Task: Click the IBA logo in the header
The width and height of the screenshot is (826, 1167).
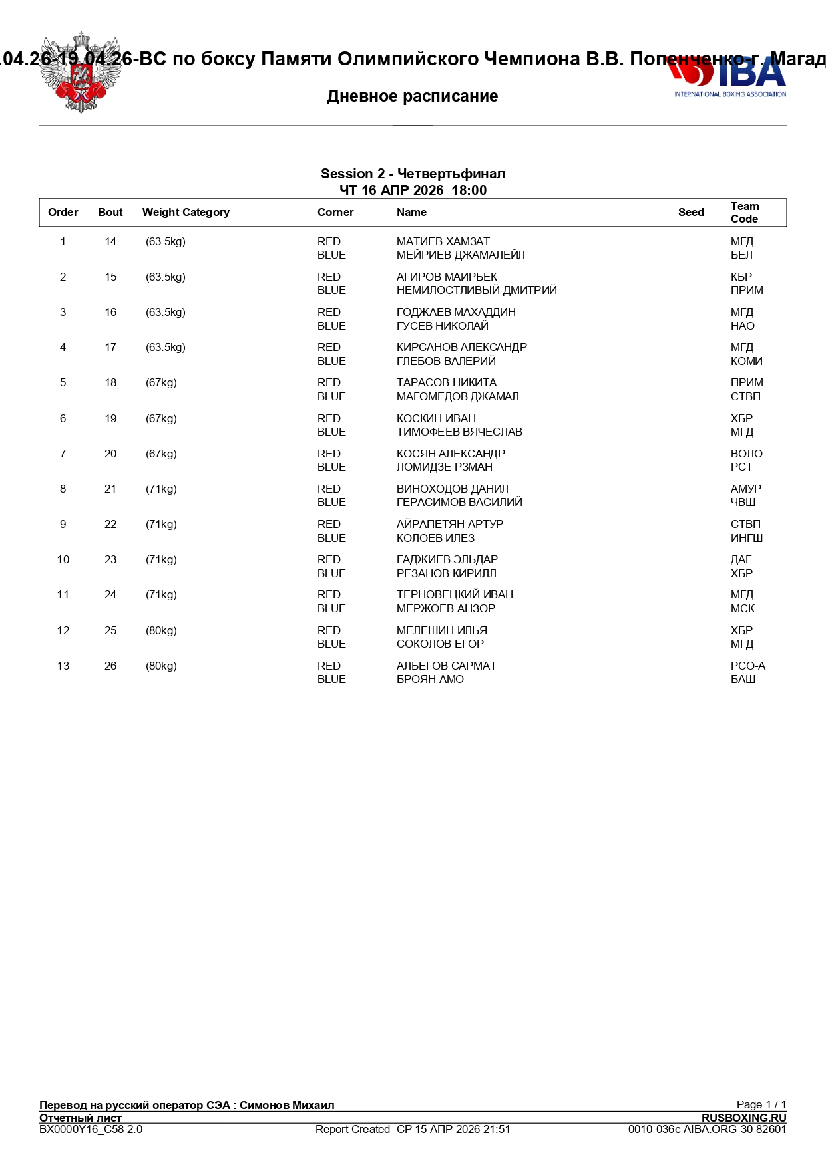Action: point(729,76)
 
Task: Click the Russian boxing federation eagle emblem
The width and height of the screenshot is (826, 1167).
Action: point(81,72)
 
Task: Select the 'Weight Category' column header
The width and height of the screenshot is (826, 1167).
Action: point(186,213)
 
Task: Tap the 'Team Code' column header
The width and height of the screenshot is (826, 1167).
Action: point(744,213)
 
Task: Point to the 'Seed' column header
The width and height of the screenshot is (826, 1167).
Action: point(691,213)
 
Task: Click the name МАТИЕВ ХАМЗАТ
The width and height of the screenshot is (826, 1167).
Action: point(443,242)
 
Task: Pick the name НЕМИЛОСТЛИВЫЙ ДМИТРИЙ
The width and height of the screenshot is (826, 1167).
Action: point(477,291)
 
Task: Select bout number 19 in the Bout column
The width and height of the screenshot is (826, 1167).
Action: point(110,419)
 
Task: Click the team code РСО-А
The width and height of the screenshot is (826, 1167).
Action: point(747,666)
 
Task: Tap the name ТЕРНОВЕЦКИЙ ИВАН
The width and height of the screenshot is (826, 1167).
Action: point(455,595)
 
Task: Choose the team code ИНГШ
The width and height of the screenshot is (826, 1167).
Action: point(747,539)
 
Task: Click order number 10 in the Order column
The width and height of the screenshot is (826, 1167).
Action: point(63,560)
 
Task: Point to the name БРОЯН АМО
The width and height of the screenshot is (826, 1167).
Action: point(430,680)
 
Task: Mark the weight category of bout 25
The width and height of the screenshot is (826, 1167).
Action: point(161,631)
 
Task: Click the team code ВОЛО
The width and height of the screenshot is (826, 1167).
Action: point(746,454)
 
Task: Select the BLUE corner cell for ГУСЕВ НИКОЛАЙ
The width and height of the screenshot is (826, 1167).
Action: point(331,326)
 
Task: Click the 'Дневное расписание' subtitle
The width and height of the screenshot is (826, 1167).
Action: point(413,96)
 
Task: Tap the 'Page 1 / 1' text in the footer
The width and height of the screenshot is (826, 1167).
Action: point(761,1104)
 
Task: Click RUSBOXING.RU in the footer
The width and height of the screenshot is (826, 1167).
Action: point(743,1118)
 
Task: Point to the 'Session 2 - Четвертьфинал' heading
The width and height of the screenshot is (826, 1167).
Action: point(413,174)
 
